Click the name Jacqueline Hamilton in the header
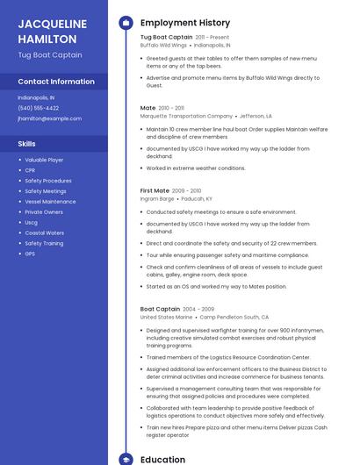pyautogui.click(x=52, y=31)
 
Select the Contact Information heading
pyautogui.click(x=56, y=82)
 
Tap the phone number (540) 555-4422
pyautogui.click(x=39, y=108)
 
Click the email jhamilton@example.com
pyautogui.click(x=49, y=118)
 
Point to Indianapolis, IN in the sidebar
pyautogui.click(x=36, y=97)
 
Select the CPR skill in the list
pyautogui.click(x=32, y=170)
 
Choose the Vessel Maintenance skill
pyautogui.click(x=50, y=202)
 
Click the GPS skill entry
pyautogui.click(x=30, y=254)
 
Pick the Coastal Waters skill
pyautogui.click(x=44, y=232)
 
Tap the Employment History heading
pyautogui.click(x=185, y=23)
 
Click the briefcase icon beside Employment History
pyautogui.click(x=126, y=23)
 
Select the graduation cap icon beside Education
pyautogui.click(x=126, y=459)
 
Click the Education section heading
pyautogui.click(x=162, y=459)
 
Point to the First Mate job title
pyautogui.click(x=155, y=190)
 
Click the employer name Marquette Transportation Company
pyautogui.click(x=186, y=116)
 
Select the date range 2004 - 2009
pyautogui.click(x=198, y=309)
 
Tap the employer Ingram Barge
pyautogui.click(x=157, y=199)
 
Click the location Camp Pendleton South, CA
pyautogui.click(x=234, y=317)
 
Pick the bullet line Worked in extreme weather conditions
pyautogui.click(x=196, y=168)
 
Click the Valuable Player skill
pyautogui.click(x=44, y=160)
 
